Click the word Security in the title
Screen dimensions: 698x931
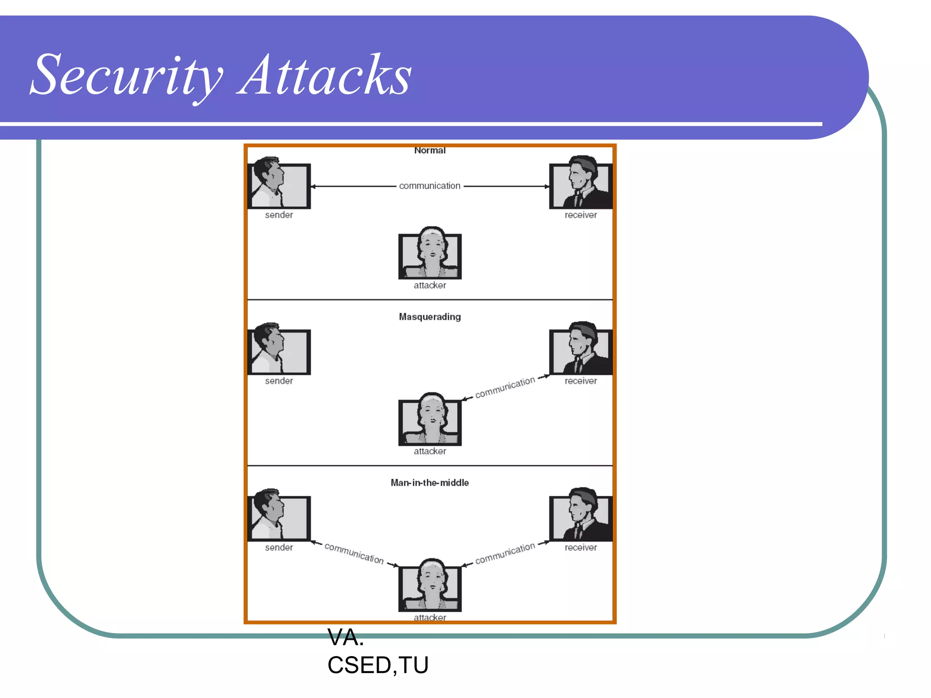click(127, 75)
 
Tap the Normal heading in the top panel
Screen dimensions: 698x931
click(430, 150)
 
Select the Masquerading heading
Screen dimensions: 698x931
click(430, 317)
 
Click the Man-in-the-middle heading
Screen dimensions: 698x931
click(430, 483)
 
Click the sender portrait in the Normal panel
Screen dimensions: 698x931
click(279, 184)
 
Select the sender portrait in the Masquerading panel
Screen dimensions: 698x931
click(279, 349)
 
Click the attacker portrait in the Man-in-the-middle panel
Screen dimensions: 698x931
click(430, 586)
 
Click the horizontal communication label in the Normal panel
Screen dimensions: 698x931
click(430, 186)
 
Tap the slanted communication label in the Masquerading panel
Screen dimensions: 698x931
click(505, 388)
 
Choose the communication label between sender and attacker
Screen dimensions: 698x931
click(354, 553)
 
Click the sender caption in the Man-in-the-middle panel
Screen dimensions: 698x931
click(279, 548)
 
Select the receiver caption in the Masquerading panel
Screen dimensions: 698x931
click(581, 381)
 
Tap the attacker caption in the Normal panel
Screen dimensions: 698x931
click(430, 285)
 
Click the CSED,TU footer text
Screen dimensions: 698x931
click(378, 665)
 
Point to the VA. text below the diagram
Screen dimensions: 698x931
click(345, 638)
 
